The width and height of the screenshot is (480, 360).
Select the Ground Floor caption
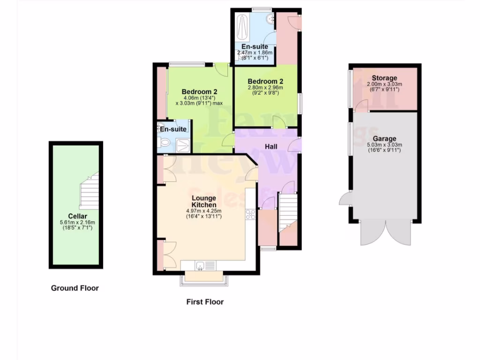(x=75, y=288)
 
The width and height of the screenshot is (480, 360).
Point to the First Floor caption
(x=205, y=302)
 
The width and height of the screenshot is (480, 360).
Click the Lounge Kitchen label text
(x=204, y=201)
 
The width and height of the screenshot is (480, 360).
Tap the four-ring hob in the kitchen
(x=250, y=215)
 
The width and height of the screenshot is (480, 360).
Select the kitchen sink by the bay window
(x=200, y=266)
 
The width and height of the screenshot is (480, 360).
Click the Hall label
(x=271, y=147)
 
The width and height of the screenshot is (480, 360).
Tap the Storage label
(x=384, y=78)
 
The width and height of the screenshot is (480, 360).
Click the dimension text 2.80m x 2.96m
(x=265, y=87)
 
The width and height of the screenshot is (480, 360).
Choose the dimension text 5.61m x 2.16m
(x=77, y=222)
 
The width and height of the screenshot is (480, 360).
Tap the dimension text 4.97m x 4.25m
(x=204, y=211)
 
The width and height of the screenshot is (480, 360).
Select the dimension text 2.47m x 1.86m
(x=255, y=53)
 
